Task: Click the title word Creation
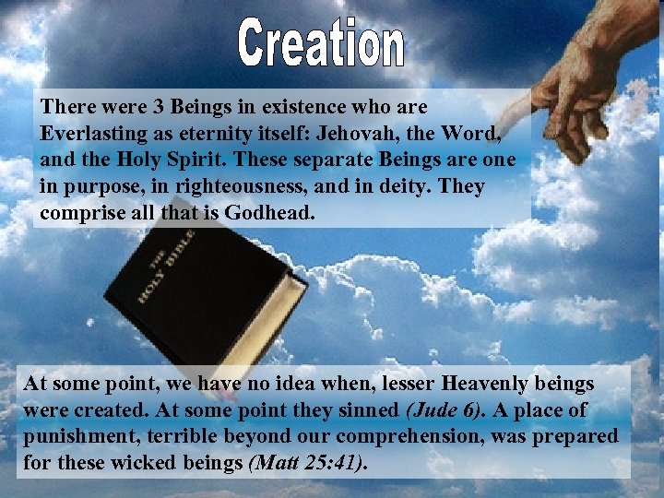(321, 45)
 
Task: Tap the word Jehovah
(344, 133)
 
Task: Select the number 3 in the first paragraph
(141, 107)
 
